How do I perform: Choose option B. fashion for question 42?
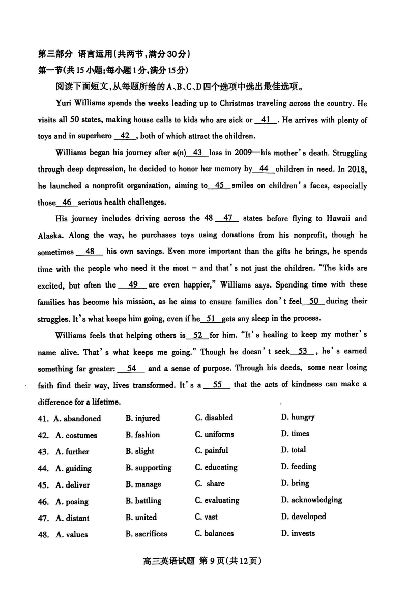[x=142, y=435]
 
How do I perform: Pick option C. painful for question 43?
[x=211, y=450]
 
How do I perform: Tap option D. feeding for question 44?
[x=299, y=466]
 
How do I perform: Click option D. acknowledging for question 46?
[x=311, y=500]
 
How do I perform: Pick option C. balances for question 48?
[x=214, y=533]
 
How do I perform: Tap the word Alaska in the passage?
[x=50, y=236]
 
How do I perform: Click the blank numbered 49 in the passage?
[x=134, y=285]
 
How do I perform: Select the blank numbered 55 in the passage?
[x=217, y=385]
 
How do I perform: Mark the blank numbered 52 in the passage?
[x=198, y=335]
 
